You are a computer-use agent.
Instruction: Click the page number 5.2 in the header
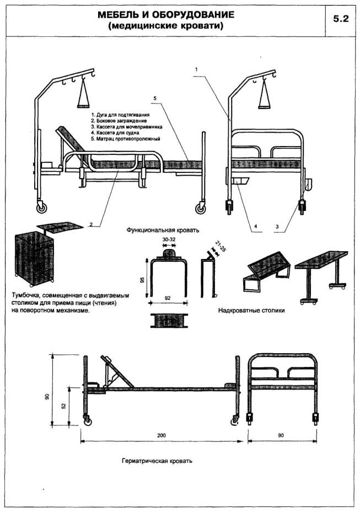point(341,18)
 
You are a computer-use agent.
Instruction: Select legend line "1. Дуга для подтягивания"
point(121,115)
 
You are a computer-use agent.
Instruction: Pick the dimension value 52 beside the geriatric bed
point(65,406)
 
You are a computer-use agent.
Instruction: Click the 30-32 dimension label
point(170,240)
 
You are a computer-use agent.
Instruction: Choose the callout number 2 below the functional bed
point(90,224)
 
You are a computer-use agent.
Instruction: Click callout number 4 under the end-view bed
point(256,225)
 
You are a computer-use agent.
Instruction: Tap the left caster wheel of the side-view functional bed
point(41,208)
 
